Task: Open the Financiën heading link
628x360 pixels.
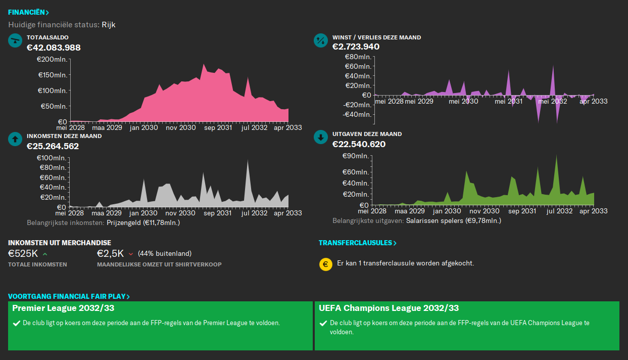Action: pyautogui.click(x=28, y=12)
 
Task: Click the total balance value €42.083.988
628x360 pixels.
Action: pyautogui.click(x=54, y=48)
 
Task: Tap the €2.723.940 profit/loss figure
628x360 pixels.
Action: pyautogui.click(x=356, y=47)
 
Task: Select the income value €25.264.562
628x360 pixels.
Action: pyautogui.click(x=53, y=146)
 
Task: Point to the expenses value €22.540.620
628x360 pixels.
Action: pyautogui.click(x=359, y=144)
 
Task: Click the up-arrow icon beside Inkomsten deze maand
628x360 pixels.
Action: pyautogui.click(x=15, y=139)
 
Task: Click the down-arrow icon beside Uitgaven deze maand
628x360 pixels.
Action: pyautogui.click(x=321, y=138)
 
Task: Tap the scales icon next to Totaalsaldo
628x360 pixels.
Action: pyautogui.click(x=15, y=40)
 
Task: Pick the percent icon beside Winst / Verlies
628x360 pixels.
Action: pyautogui.click(x=321, y=40)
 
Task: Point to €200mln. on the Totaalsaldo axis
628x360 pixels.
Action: pyautogui.click(x=52, y=60)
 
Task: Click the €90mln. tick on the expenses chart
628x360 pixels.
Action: pyautogui.click(x=357, y=156)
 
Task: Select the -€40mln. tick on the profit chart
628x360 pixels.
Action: pyautogui.click(x=357, y=114)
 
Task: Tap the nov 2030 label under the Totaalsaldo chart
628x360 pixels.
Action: pyautogui.click(x=180, y=128)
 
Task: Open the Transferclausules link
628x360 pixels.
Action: pyautogui.click(x=357, y=243)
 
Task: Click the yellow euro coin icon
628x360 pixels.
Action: pyautogui.click(x=326, y=264)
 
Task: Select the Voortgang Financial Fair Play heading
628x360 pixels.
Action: pyautogui.click(x=69, y=296)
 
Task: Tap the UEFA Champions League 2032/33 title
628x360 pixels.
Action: pyautogui.click(x=389, y=308)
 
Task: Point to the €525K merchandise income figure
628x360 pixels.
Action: pyautogui.click(x=23, y=253)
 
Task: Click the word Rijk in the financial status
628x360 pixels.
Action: pyautogui.click(x=109, y=25)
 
